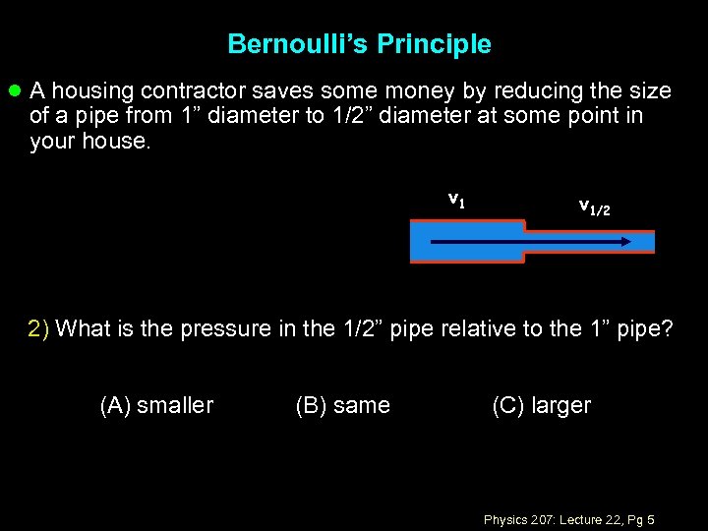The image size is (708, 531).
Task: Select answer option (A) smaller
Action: (156, 405)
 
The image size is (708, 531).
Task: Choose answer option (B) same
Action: (342, 405)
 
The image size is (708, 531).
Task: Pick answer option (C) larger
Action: (541, 405)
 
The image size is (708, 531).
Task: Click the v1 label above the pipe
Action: (456, 200)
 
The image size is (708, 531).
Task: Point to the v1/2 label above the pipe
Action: (594, 206)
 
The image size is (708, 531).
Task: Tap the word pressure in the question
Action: (227, 328)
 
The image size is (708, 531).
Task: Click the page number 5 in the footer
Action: (651, 519)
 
